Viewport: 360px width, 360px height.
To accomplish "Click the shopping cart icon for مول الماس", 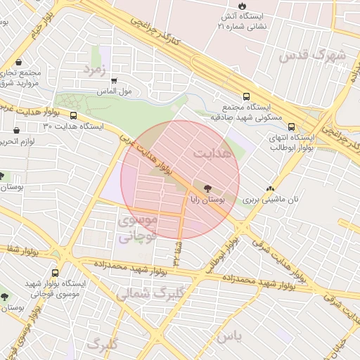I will (114, 80).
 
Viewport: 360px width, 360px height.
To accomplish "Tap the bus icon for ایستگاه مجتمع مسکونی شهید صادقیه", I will (246, 97).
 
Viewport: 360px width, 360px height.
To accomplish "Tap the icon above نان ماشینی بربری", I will (271, 188).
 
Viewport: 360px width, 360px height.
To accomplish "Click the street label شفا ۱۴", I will (176, 250).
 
